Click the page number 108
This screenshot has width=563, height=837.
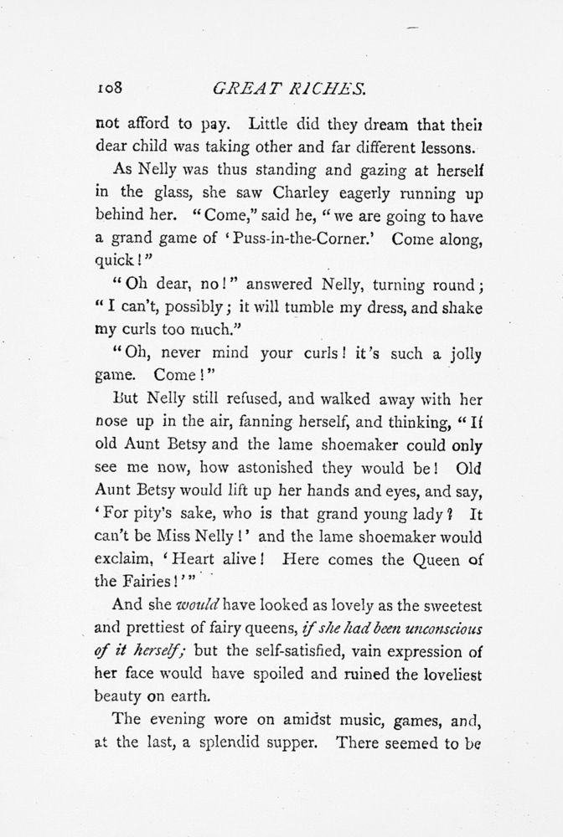click(x=110, y=85)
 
